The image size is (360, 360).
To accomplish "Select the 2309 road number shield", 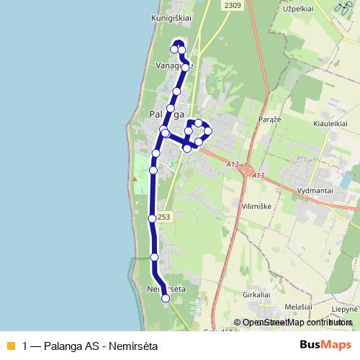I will [233, 6].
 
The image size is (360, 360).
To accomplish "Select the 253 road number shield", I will [164, 217].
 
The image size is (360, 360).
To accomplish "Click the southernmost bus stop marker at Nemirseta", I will [166, 297].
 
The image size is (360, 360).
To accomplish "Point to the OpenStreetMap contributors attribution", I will [297, 323].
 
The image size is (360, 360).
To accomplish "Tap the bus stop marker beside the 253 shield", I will [151, 218].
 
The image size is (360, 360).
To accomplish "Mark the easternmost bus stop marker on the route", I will [208, 130].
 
